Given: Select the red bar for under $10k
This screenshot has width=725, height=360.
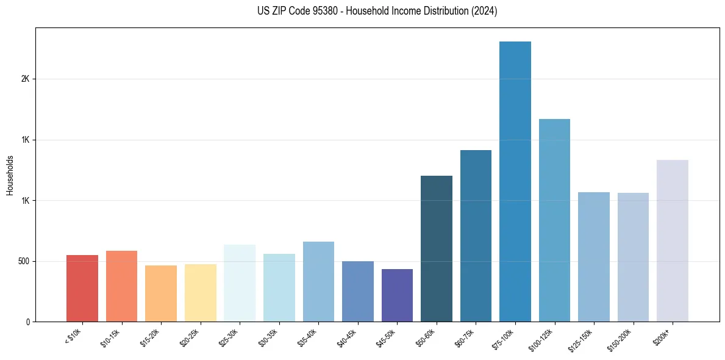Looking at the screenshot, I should (x=82, y=288).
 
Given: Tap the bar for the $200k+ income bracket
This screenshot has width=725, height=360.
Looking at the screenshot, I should (x=673, y=240).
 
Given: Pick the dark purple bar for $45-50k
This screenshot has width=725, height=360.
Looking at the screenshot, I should (x=397, y=295).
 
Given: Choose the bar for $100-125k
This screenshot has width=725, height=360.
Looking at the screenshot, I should (x=554, y=220).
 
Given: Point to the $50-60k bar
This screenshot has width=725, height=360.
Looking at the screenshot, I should (x=437, y=248).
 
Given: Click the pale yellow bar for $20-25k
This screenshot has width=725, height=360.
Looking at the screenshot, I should (x=200, y=293).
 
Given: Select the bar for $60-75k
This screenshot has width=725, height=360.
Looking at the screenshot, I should (x=476, y=236).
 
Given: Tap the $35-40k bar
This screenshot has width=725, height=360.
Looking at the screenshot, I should (x=318, y=281).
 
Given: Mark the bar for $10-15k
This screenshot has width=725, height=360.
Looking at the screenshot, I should (x=121, y=286).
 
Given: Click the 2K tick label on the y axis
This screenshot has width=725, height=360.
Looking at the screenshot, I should (x=24, y=79).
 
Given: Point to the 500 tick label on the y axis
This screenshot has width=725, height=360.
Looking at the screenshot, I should (x=23, y=261).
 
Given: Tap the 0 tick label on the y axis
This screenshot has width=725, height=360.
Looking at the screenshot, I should (x=28, y=322).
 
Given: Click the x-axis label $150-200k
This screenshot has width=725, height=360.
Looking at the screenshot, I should (x=620, y=339).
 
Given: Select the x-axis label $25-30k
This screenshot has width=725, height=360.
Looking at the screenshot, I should (x=228, y=337).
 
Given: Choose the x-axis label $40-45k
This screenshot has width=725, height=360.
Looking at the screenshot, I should (x=346, y=337).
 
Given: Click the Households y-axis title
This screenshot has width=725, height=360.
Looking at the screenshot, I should (x=10, y=175).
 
